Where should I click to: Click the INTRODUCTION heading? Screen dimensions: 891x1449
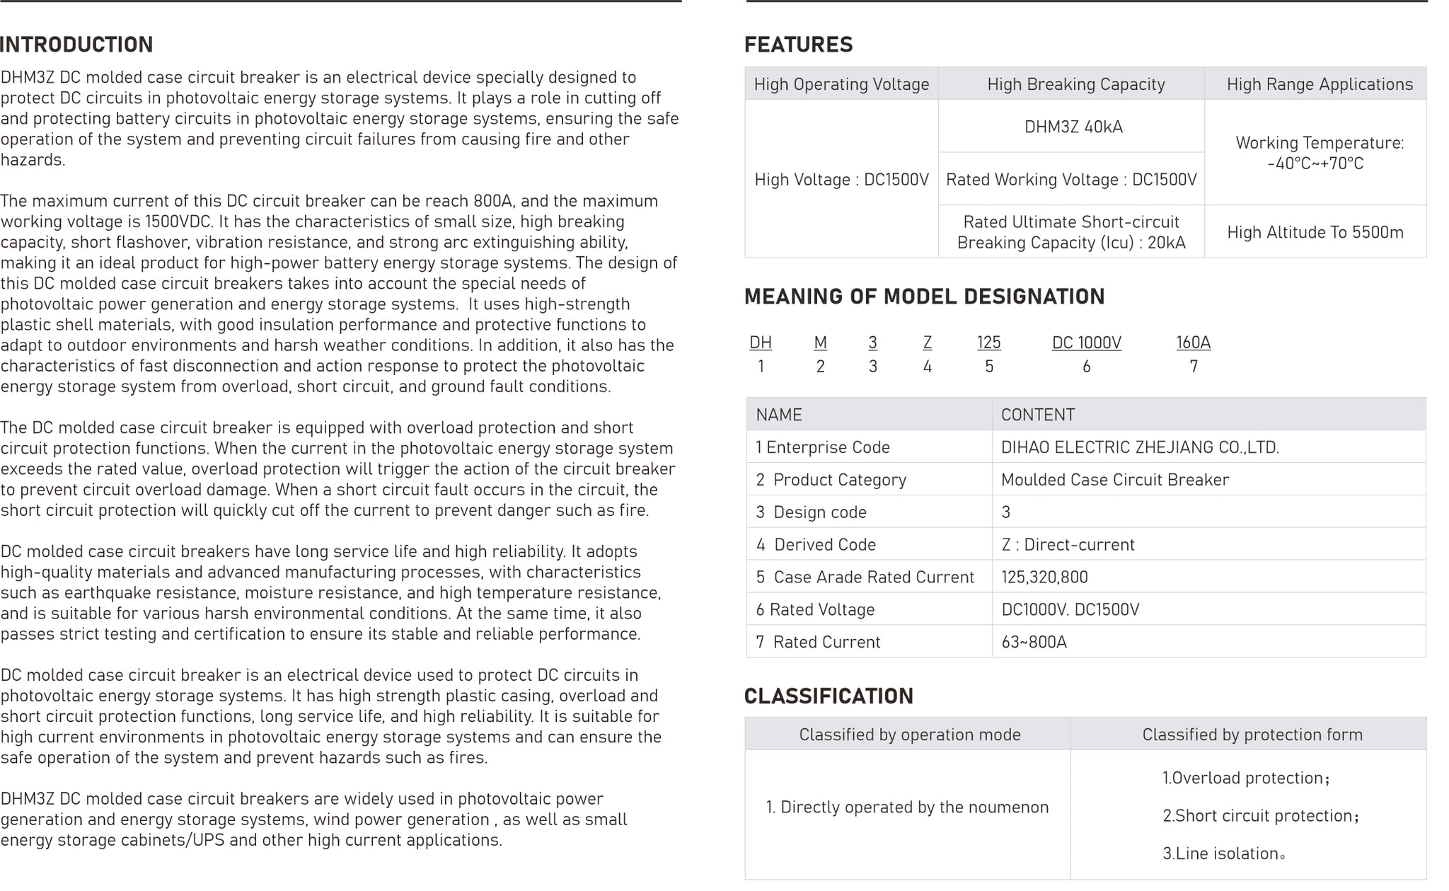click(76, 45)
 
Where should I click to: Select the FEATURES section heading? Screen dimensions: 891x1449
click(798, 45)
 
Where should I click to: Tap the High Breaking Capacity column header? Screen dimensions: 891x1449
click(1075, 84)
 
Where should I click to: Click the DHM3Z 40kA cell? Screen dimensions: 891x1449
click(1073, 127)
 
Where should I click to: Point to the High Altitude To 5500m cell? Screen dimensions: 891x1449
click(1315, 233)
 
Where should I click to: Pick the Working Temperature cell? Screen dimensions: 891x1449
click(1319, 153)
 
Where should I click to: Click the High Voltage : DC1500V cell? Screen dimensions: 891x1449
click(841, 180)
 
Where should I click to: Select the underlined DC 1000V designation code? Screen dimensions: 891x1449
click(1086, 343)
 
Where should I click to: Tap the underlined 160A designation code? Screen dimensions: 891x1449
click(1193, 343)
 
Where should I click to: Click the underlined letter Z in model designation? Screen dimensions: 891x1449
click(927, 343)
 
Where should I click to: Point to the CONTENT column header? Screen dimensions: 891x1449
click(1037, 415)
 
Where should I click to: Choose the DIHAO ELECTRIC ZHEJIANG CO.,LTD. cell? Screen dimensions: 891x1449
click(1139, 447)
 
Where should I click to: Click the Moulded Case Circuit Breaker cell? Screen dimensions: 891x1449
click(1114, 480)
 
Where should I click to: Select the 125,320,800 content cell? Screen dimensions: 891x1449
click(1044, 577)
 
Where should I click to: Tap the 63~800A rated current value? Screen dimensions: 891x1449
click(1034, 643)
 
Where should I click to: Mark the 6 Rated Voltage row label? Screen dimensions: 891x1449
click(815, 610)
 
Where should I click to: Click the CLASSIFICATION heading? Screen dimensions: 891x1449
click(829, 696)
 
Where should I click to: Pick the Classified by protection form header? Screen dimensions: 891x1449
click(1252, 735)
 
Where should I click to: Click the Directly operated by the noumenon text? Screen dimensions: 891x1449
click(907, 807)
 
